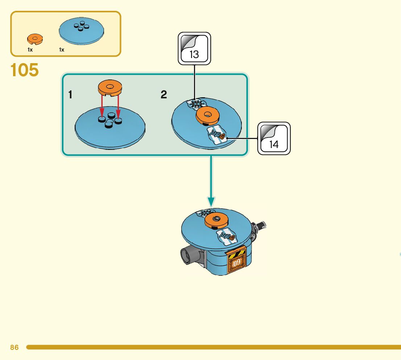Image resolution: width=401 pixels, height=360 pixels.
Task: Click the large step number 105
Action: click(x=25, y=70)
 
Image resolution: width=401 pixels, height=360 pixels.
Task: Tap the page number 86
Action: click(x=14, y=347)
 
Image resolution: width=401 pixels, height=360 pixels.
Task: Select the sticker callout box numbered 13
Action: click(x=194, y=49)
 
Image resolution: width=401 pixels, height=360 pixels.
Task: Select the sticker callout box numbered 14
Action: click(x=274, y=139)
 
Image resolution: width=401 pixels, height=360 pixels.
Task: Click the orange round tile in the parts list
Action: click(x=35, y=38)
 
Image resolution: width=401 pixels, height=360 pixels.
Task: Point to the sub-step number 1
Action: click(x=70, y=95)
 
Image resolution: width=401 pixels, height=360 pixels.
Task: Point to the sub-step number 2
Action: click(x=164, y=95)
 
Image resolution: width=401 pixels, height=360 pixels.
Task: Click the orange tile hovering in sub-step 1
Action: click(x=110, y=88)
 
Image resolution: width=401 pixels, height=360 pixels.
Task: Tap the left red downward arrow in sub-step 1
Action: click(x=102, y=106)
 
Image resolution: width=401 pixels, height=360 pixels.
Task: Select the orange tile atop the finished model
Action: click(x=216, y=220)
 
